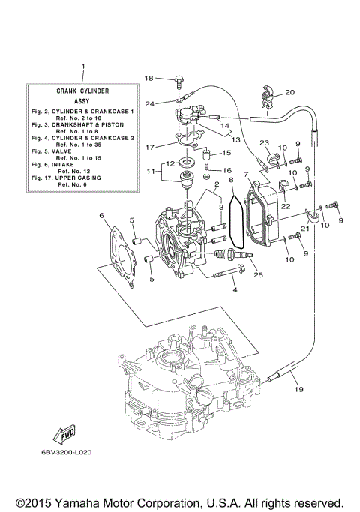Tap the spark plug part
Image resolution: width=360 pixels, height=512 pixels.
pyautogui.click(x=231, y=256)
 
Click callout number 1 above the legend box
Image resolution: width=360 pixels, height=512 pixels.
pyautogui.click(x=83, y=68)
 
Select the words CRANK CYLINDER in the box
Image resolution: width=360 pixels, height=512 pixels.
pyautogui.click(x=82, y=90)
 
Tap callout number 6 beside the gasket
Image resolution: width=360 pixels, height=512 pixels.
pyautogui.click(x=101, y=216)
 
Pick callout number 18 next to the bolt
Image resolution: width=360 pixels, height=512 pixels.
pyautogui.click(x=148, y=79)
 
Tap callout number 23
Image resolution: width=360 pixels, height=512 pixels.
pyautogui.click(x=264, y=142)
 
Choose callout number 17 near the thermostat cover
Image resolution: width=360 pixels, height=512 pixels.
pyautogui.click(x=149, y=147)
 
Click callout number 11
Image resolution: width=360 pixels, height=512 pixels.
pyautogui.click(x=149, y=171)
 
